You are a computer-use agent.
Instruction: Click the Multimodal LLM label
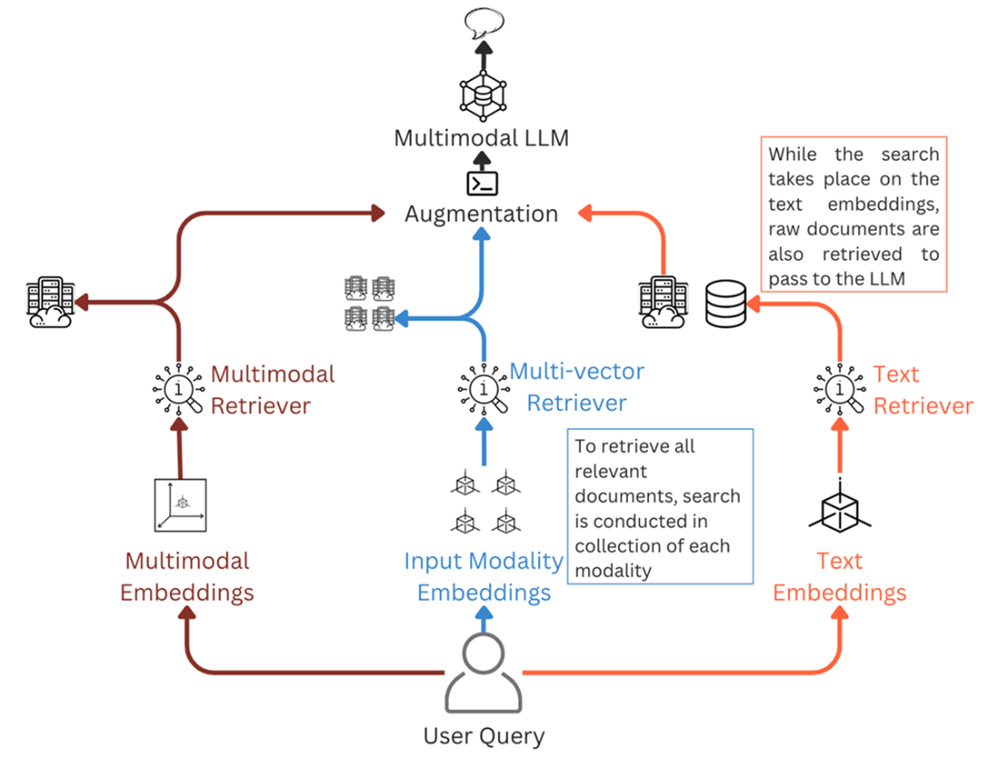[x=482, y=139]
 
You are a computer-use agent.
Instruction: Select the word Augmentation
[x=481, y=214]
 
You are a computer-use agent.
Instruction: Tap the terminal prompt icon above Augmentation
[x=482, y=182]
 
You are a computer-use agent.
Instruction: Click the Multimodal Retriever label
[x=272, y=389]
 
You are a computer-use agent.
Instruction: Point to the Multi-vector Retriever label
[x=577, y=386]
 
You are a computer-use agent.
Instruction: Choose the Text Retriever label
[x=923, y=389]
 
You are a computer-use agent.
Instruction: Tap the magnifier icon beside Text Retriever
[x=839, y=389]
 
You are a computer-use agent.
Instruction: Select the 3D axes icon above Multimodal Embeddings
[x=181, y=505]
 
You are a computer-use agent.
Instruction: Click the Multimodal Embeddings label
[x=187, y=577]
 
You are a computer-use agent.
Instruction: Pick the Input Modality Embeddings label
[x=484, y=577]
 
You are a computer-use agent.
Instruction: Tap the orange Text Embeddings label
[x=839, y=577]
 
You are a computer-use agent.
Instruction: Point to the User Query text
[x=484, y=735]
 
